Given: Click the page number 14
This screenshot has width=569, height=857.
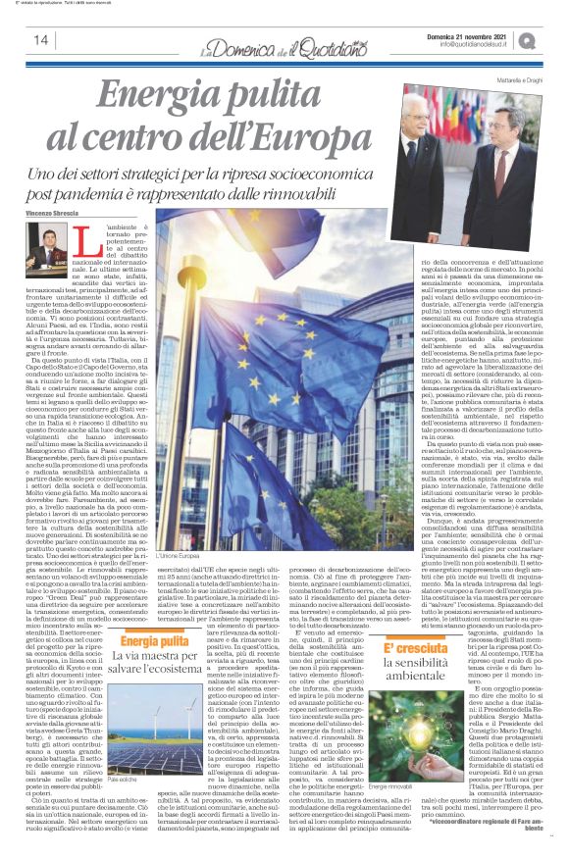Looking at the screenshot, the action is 41,40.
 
